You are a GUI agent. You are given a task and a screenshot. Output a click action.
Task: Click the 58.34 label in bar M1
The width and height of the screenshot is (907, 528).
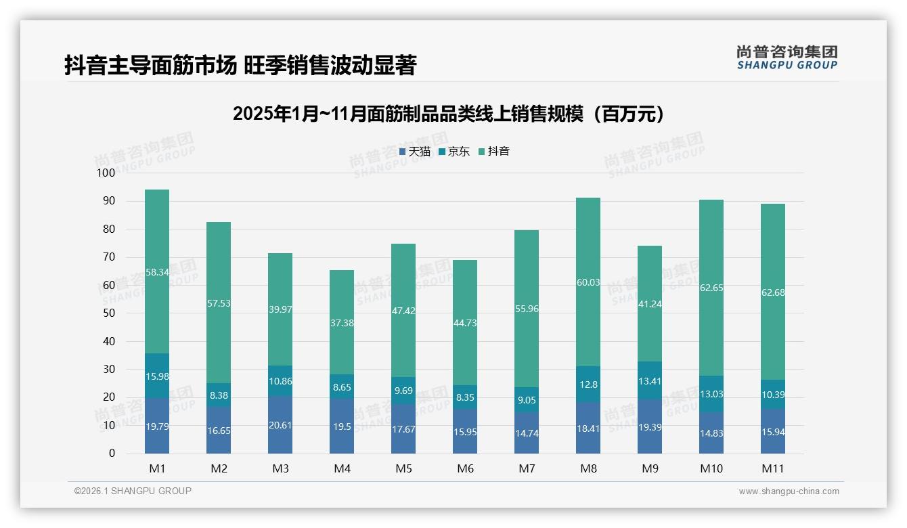(x=157, y=271)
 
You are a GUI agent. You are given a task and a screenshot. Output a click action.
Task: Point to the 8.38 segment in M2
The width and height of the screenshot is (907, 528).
(x=219, y=395)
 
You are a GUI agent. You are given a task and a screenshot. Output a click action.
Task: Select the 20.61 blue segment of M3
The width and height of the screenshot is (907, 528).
(x=280, y=425)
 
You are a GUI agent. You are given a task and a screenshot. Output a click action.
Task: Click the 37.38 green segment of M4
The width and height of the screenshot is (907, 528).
(x=342, y=323)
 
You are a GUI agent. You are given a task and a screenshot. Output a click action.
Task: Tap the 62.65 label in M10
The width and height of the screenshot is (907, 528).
(x=711, y=288)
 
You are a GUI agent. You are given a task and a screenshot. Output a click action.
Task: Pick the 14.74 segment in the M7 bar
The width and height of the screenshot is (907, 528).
(x=527, y=433)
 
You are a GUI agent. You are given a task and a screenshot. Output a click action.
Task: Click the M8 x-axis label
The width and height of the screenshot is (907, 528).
(x=588, y=468)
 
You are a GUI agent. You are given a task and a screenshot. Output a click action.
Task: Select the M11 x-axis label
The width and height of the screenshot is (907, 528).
(x=773, y=468)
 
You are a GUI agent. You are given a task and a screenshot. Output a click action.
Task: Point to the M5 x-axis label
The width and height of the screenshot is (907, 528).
(x=403, y=468)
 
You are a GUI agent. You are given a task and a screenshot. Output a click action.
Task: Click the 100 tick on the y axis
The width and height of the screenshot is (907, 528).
(x=106, y=173)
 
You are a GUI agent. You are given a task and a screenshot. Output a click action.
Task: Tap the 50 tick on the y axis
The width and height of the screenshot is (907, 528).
(x=108, y=313)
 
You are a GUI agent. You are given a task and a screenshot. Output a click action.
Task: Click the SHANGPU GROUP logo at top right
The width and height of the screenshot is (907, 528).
(x=787, y=58)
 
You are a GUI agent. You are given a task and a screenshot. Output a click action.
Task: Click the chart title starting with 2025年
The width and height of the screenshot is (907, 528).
(x=448, y=114)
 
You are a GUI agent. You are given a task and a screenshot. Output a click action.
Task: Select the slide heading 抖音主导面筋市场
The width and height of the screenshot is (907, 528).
(x=240, y=66)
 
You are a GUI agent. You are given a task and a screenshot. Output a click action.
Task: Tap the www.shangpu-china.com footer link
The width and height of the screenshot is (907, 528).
(x=789, y=491)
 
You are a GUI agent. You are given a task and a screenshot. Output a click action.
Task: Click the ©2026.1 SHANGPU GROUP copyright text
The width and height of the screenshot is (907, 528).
(x=133, y=491)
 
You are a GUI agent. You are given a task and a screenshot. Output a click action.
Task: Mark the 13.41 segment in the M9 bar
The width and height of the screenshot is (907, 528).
(x=650, y=381)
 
